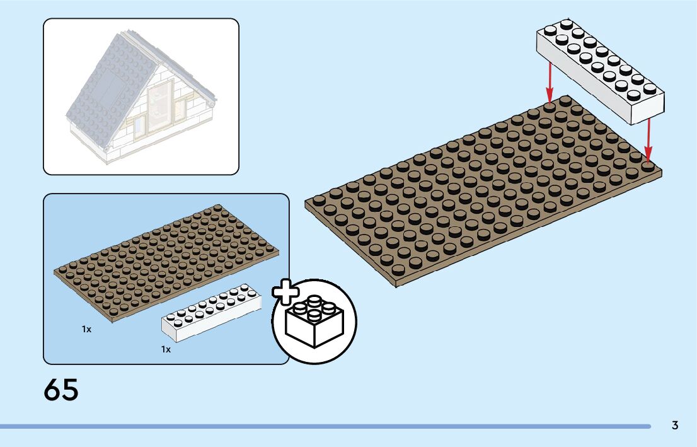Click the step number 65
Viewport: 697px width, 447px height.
tap(61, 390)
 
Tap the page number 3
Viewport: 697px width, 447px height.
tap(675, 426)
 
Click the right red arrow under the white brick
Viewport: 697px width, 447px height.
tap(648, 139)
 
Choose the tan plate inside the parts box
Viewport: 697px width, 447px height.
tap(167, 262)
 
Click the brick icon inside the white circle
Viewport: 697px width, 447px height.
tap(313, 323)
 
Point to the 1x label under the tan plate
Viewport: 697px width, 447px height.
tap(86, 329)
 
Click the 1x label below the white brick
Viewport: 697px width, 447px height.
tap(166, 349)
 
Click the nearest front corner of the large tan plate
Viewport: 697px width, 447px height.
tap(396, 282)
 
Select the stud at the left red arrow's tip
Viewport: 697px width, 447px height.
tap(550, 106)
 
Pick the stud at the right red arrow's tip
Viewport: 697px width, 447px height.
tap(648, 165)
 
